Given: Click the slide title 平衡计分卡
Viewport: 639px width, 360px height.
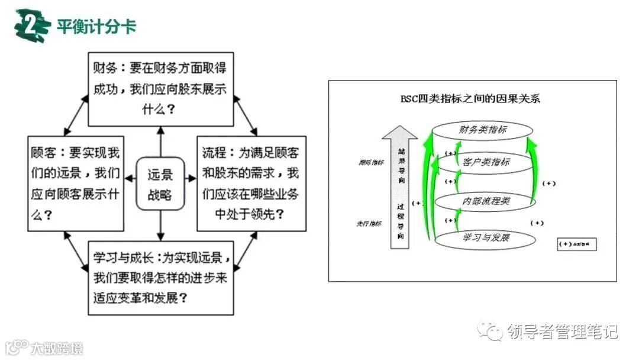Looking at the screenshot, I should point(96,27).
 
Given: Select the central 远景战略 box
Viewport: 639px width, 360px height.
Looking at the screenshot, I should point(160,184).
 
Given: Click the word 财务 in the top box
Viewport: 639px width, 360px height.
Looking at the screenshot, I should point(104,68).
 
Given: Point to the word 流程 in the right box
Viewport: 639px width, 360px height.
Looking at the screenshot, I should point(214,153).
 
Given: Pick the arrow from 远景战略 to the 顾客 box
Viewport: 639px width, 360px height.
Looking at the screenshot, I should point(130,178).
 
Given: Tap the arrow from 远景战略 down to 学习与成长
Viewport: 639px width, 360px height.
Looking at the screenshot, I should point(160,226).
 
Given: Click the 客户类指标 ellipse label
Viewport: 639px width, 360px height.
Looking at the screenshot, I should point(483,161).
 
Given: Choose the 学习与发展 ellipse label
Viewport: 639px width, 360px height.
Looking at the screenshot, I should point(485,238).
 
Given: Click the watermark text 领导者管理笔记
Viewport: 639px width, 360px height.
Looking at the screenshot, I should point(561,332).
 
